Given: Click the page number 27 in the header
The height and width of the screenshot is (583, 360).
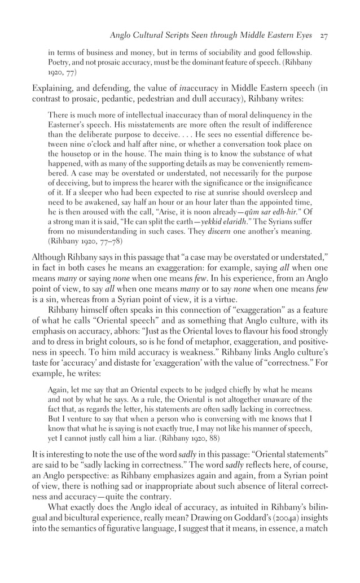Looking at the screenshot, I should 324,36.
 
